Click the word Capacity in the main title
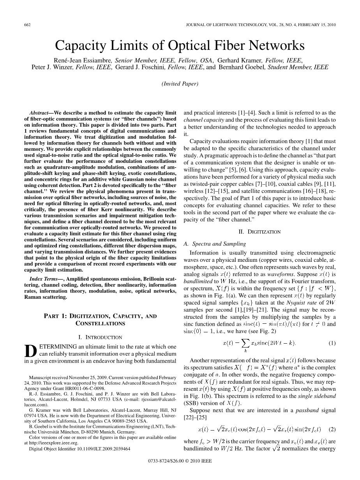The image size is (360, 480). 79,46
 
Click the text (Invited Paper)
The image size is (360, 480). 180,83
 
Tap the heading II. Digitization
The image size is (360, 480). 259,232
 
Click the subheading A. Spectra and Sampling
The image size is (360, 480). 214,244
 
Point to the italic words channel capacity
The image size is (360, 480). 202,119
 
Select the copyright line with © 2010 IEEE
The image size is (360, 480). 180,472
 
